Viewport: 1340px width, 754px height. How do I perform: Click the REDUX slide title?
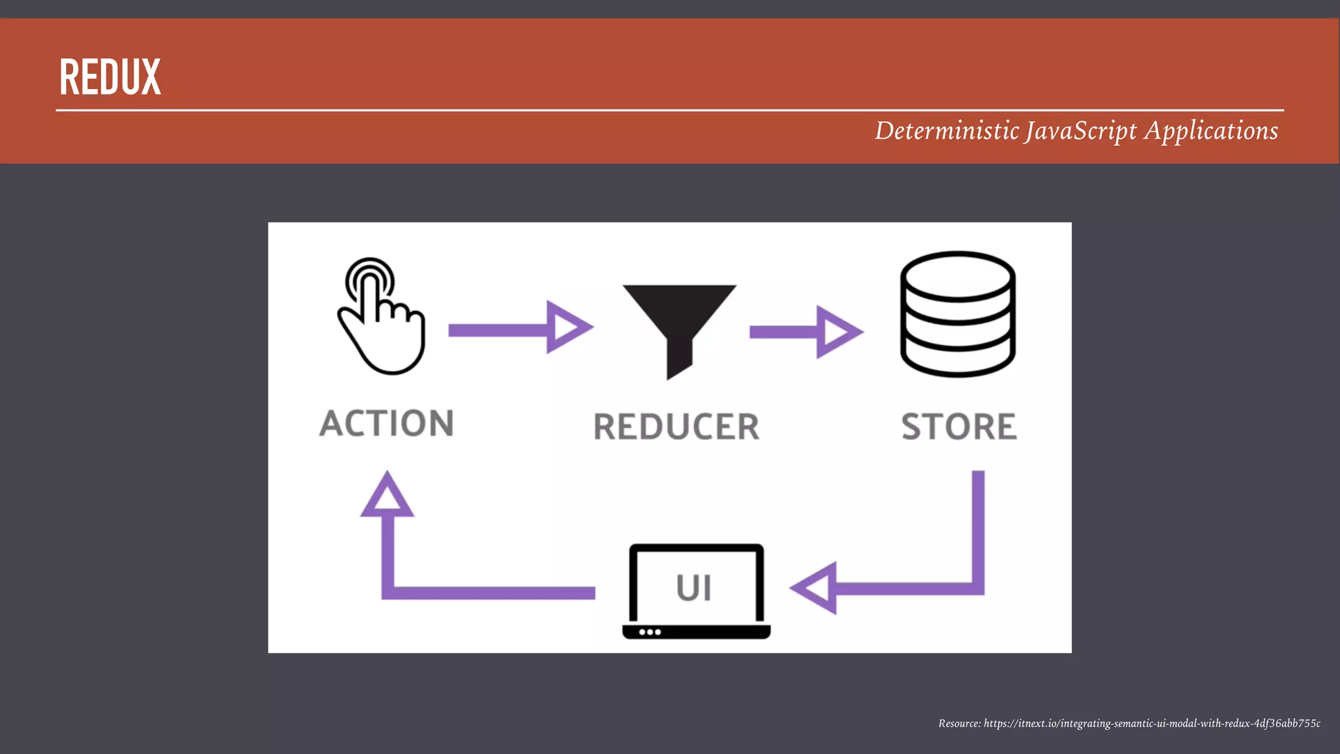point(110,77)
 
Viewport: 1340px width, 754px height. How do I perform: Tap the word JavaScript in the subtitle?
point(1081,131)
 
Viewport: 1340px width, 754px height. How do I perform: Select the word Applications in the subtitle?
point(1211,131)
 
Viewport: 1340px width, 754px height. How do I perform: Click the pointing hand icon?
point(383,321)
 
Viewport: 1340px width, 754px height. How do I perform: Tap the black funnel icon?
point(679,321)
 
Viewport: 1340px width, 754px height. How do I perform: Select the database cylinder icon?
point(957,314)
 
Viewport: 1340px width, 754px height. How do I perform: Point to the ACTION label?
point(387,423)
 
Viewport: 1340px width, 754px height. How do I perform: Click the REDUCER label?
point(676,427)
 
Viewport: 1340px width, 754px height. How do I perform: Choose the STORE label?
point(959,427)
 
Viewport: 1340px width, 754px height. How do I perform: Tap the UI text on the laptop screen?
point(694,588)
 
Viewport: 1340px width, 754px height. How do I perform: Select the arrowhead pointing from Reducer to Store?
point(837,332)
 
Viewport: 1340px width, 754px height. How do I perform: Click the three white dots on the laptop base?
point(650,632)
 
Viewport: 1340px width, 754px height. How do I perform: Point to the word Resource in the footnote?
point(959,723)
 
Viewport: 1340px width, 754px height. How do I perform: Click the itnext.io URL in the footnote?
point(1152,723)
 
